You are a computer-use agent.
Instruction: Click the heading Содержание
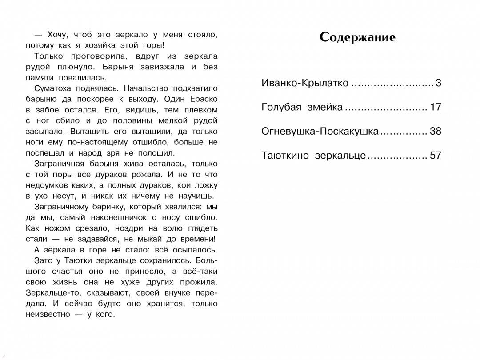tap(357, 37)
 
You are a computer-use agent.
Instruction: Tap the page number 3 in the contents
tap(438, 83)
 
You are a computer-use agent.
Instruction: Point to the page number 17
tap(436, 107)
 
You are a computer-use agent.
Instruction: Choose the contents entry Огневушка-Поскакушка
tap(320, 132)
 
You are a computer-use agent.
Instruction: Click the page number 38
tap(436, 132)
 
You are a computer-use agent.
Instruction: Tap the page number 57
tap(436, 156)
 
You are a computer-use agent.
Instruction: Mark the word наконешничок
tap(130, 218)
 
